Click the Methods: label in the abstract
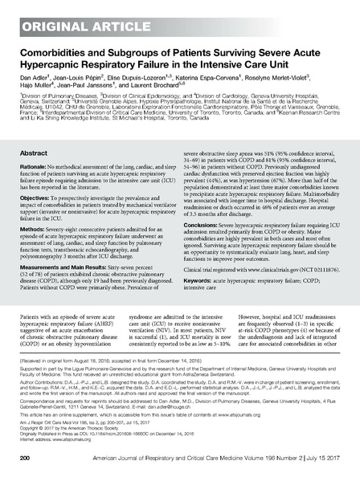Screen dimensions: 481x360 tap(35, 226)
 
